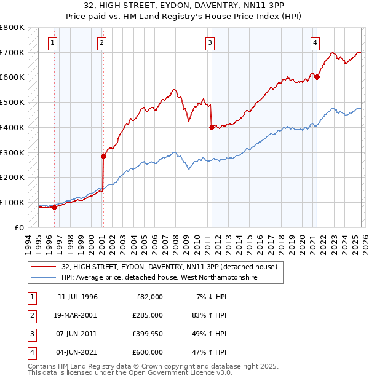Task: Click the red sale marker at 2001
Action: pyautogui.click(x=103, y=156)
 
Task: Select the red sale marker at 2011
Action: pyautogui.click(x=212, y=128)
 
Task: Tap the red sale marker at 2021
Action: pyautogui.click(x=317, y=77)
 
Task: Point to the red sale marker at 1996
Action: pyautogui.click(x=54, y=207)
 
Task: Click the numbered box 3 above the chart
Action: pyautogui.click(x=210, y=43)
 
